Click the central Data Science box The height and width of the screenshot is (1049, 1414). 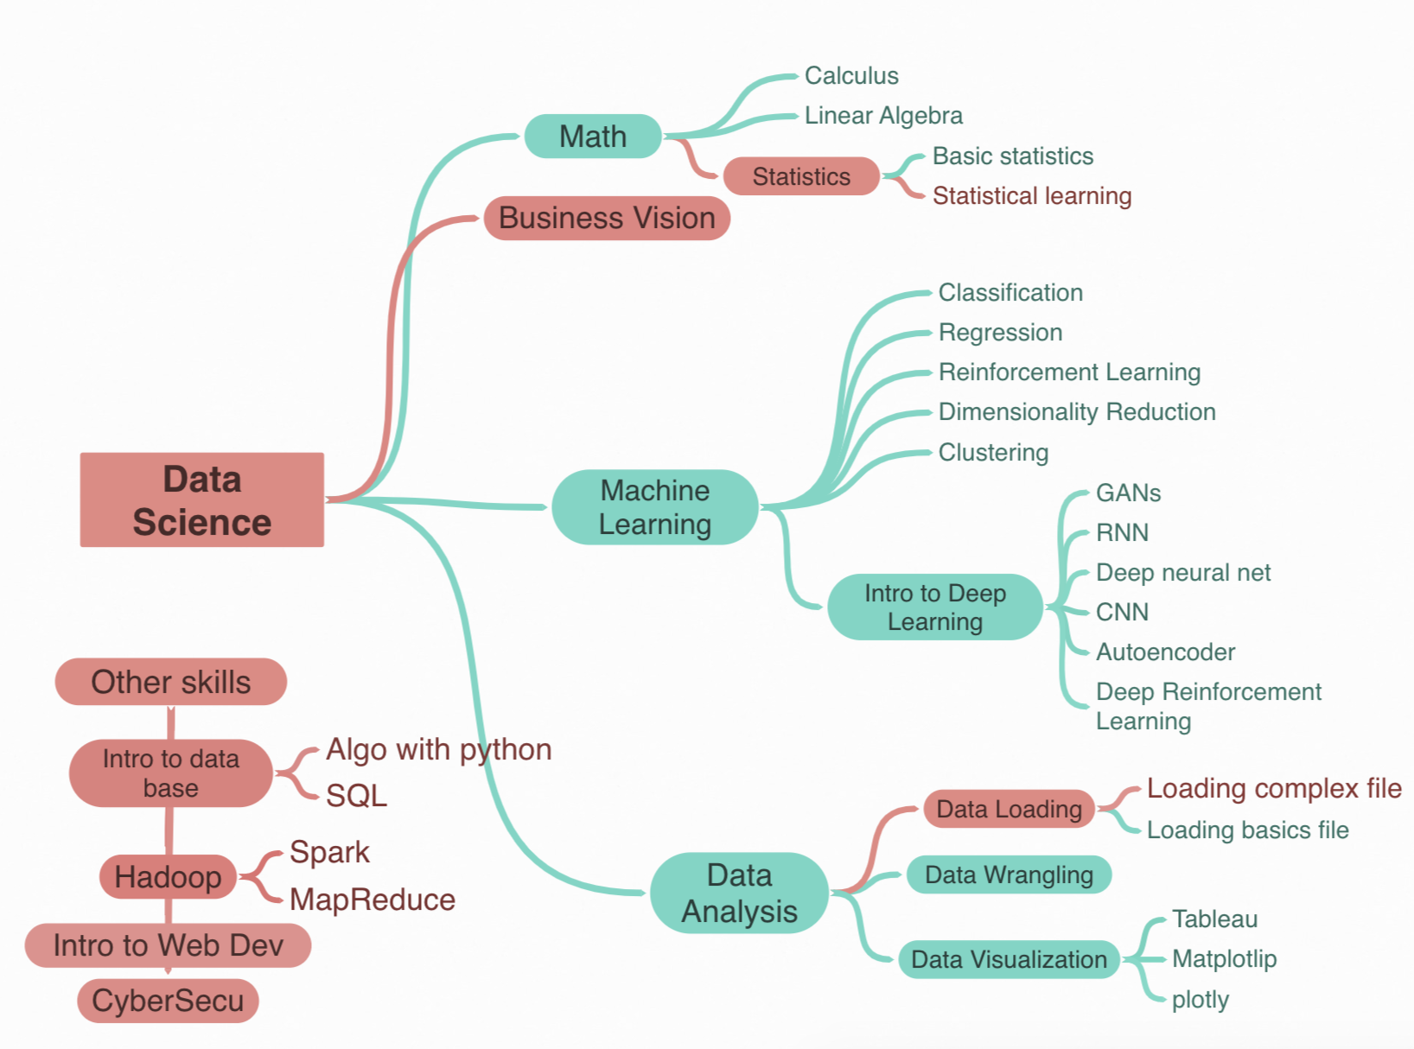(202, 500)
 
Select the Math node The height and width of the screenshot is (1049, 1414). (593, 137)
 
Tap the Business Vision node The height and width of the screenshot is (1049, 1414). (607, 218)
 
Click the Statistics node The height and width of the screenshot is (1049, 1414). (801, 176)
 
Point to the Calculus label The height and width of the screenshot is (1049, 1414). (851, 76)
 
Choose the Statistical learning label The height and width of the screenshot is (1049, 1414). (1032, 196)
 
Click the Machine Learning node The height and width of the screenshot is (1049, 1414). (655, 507)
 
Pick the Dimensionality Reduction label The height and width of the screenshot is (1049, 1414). (1077, 412)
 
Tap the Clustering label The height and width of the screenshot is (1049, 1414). (993, 453)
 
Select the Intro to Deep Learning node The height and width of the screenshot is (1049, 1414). (935, 607)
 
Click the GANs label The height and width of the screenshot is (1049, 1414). (1128, 493)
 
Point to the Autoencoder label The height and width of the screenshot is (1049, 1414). (1165, 652)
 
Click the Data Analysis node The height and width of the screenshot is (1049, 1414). (739, 893)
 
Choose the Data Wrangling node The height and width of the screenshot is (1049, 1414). (1009, 875)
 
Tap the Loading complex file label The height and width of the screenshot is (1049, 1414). (1274, 789)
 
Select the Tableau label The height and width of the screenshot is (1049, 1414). (1214, 919)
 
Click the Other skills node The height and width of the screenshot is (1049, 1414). (171, 683)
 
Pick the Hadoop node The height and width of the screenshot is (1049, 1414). (169, 877)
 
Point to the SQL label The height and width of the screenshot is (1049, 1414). (356, 796)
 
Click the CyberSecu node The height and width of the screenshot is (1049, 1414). (169, 1001)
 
